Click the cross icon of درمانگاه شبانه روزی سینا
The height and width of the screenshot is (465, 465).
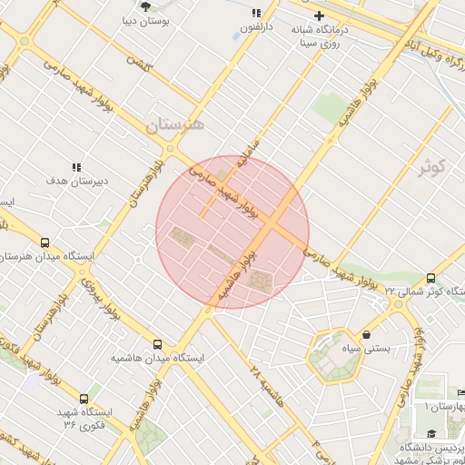[x=319, y=15]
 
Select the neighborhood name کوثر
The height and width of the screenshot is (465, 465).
[x=433, y=167]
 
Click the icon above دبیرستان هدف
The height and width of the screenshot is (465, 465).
[x=77, y=167]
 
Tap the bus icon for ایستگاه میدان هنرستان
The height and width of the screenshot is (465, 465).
[x=45, y=243]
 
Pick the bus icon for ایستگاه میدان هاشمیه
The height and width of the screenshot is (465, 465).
[x=158, y=345]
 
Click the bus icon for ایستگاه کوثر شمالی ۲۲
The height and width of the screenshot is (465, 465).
[x=430, y=278]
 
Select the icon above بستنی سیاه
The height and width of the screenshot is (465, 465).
[x=366, y=334]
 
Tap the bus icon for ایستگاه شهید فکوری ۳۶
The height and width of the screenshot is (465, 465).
[x=84, y=398]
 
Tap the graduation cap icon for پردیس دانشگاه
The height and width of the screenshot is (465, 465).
[x=432, y=435]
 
